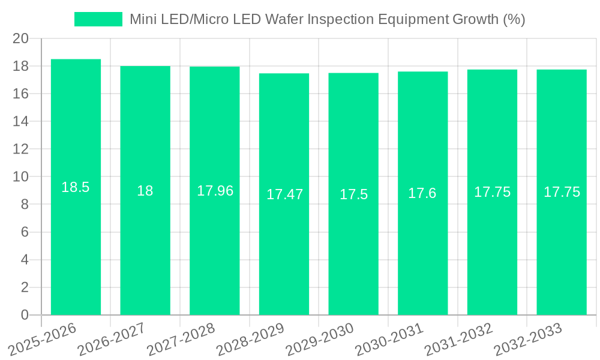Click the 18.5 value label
click(76, 187)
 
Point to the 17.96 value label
click(215, 191)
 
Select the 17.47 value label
click(284, 194)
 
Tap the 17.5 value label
click(354, 194)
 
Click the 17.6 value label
click(422, 193)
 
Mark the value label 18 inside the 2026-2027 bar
click(145, 191)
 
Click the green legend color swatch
click(98, 19)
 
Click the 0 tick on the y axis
click(25, 315)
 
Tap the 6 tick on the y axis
click(25, 232)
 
